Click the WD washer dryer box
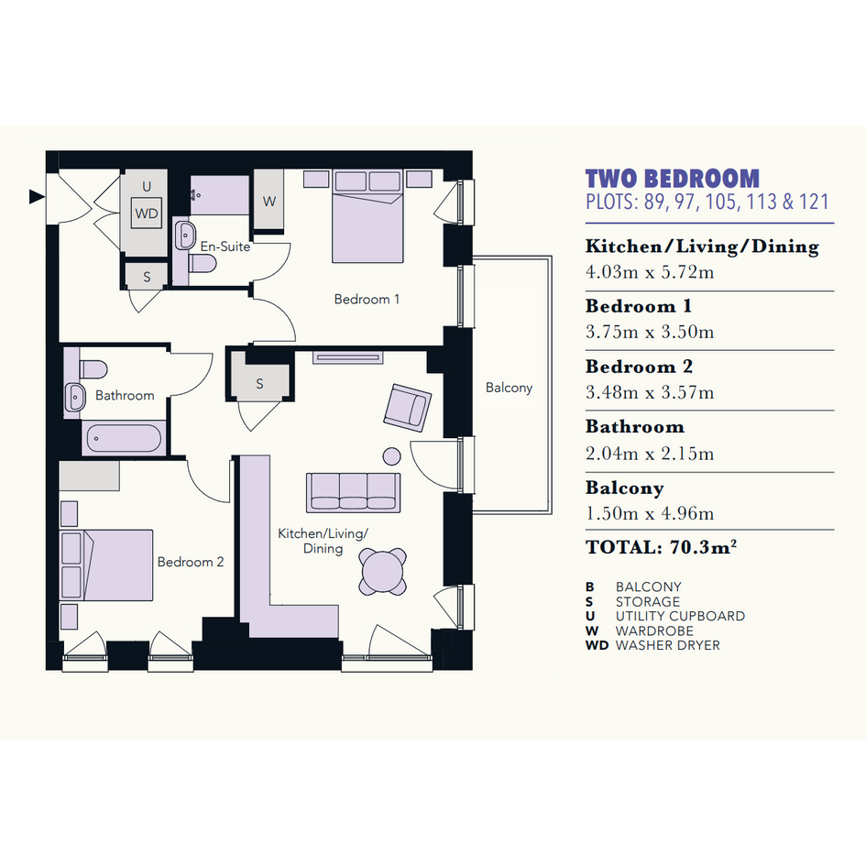[x=147, y=213]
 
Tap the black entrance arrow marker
[x=37, y=196]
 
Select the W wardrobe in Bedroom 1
[x=269, y=200]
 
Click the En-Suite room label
[x=225, y=247]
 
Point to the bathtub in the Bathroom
[x=125, y=439]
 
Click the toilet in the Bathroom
[x=93, y=369]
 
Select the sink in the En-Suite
[x=184, y=236]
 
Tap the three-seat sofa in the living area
[x=354, y=492]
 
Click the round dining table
[x=383, y=572]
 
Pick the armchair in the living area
[x=408, y=408]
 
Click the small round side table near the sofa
[x=392, y=456]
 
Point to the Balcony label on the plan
[x=509, y=388]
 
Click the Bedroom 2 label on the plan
[x=191, y=562]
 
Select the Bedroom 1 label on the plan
[x=367, y=299]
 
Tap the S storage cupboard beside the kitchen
[x=259, y=382]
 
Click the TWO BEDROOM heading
[x=672, y=179]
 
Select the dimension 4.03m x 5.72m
[x=650, y=272]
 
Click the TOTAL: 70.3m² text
[x=661, y=547]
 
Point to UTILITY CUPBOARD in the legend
[x=680, y=616]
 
